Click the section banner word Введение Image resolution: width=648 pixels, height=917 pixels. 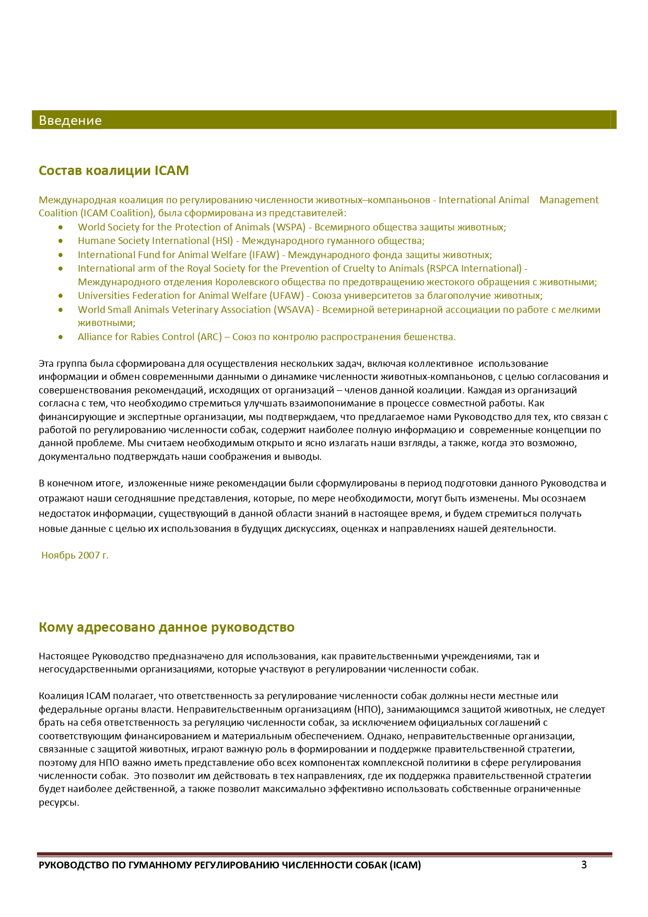pyautogui.click(x=70, y=121)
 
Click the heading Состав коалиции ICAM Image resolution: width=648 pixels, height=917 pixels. pyautogui.click(x=114, y=171)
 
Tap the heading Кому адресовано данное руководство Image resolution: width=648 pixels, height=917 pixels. pyautogui.click(x=167, y=627)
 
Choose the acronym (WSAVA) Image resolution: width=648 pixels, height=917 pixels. pyautogui.click(x=294, y=310)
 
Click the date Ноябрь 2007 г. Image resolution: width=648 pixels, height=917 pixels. pyautogui.click(x=75, y=555)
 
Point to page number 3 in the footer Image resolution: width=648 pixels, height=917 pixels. pyautogui.click(x=584, y=865)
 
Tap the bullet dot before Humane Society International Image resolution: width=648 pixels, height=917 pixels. pyautogui.click(x=61, y=241)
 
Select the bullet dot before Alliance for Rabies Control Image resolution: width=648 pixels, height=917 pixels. pyautogui.click(x=61, y=338)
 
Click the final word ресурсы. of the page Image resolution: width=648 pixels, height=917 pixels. pyautogui.click(x=58, y=803)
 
